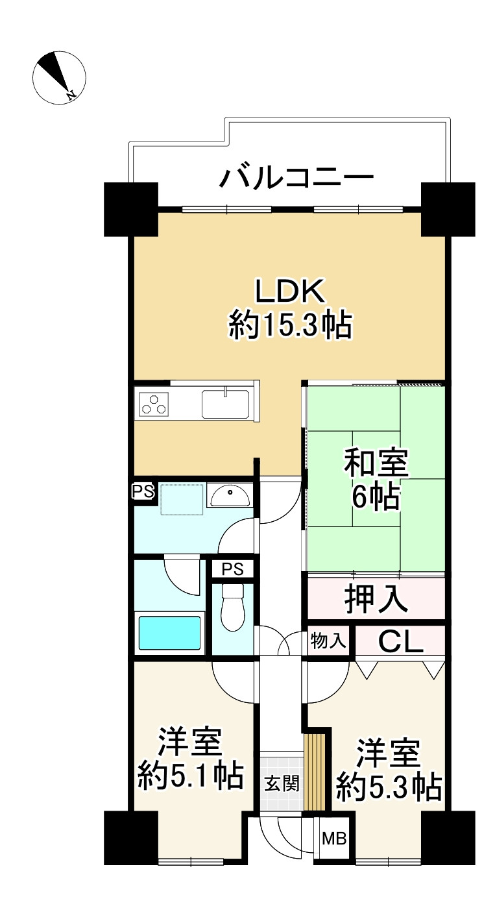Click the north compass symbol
[x=59, y=76]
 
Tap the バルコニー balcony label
[x=297, y=177]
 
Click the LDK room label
[x=289, y=293]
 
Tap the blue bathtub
[x=169, y=634]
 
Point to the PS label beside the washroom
[x=144, y=491]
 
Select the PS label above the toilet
[x=232, y=569]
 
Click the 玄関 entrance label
[x=282, y=783]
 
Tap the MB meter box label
[x=335, y=838]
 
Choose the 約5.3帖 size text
[x=389, y=787]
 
